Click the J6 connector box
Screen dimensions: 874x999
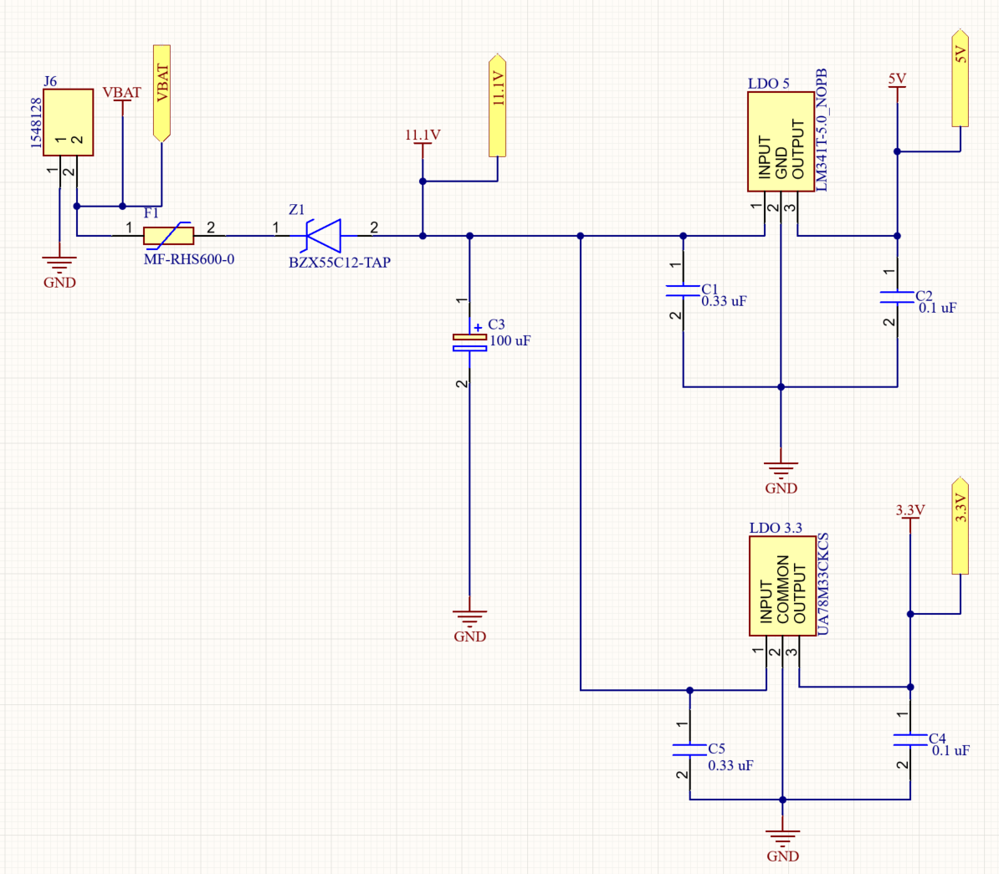(68, 122)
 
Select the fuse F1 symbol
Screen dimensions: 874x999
(168, 236)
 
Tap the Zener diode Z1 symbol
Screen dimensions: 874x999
(324, 235)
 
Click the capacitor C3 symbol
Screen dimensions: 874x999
(469, 341)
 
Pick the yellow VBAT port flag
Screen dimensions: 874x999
(161, 91)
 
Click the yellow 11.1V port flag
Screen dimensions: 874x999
(498, 105)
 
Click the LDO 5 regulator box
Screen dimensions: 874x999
(781, 141)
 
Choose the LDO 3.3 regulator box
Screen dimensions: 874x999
(782, 585)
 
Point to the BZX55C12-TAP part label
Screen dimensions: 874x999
(340, 263)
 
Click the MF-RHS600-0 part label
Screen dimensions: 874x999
(189, 259)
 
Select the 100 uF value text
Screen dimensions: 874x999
(510, 340)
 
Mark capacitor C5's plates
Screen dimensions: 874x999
(689, 749)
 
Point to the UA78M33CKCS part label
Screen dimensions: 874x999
(822, 584)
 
